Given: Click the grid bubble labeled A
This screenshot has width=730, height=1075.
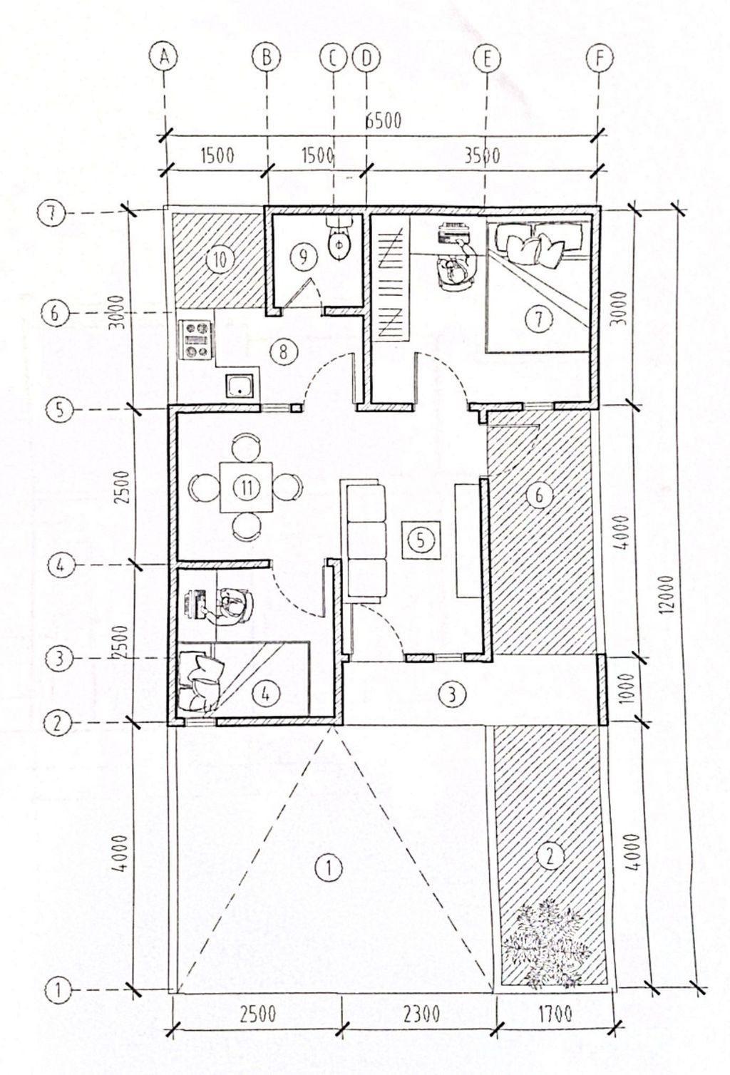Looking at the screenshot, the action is point(164,57).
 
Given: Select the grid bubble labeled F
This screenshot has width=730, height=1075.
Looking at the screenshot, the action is point(600,57).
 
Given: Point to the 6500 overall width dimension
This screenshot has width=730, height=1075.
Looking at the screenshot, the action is point(383,121).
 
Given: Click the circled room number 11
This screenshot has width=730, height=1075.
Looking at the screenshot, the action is point(246,488).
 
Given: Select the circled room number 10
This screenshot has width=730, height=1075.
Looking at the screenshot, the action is point(220,261).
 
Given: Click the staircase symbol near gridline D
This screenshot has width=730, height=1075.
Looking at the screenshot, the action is point(390,278).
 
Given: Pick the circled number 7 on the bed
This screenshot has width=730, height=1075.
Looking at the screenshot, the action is point(540,319).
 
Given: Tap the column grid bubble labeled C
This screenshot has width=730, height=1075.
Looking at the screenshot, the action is point(333,57).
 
